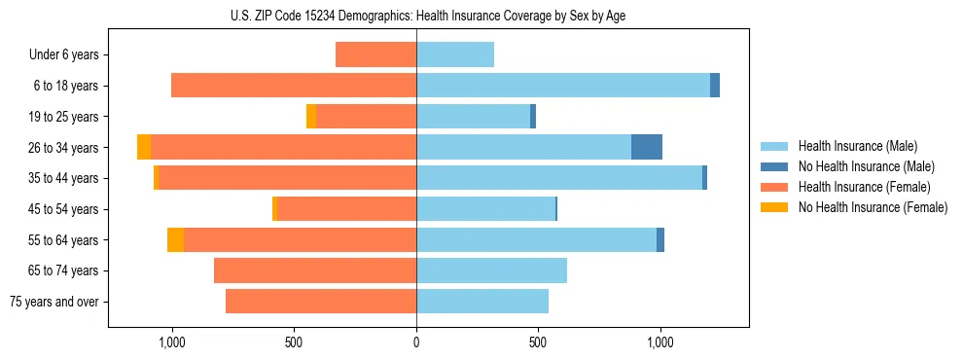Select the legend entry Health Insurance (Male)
(857, 146)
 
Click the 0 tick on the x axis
(416, 342)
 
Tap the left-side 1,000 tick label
(171, 342)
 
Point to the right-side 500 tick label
(538, 342)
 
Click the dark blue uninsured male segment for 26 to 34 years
(647, 147)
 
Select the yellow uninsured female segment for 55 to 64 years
(175, 239)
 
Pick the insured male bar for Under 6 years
(455, 54)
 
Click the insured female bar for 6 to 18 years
(294, 86)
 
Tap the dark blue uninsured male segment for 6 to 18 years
(715, 86)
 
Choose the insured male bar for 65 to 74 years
(491, 270)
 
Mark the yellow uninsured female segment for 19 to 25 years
(311, 117)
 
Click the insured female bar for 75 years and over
(321, 302)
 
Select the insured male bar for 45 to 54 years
(485, 209)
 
